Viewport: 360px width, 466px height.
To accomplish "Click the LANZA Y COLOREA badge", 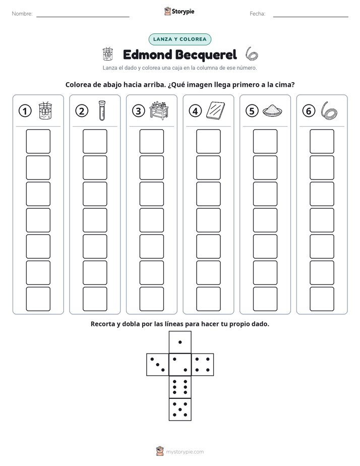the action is click(x=179, y=39).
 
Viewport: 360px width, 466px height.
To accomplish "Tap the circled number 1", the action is click(x=25, y=111).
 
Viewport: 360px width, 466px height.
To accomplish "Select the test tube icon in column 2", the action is click(x=102, y=110).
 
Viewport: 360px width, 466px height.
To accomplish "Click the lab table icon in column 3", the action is click(x=159, y=110).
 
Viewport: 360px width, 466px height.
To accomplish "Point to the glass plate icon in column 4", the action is click(x=215, y=110).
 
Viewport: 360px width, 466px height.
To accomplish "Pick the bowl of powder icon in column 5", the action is click(x=272, y=110).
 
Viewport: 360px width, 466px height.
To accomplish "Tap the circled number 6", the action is click(x=309, y=111).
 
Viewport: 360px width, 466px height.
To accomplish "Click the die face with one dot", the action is click(x=180, y=342).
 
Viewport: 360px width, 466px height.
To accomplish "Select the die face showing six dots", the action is click(x=180, y=387).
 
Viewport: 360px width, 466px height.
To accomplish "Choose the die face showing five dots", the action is click(x=180, y=410).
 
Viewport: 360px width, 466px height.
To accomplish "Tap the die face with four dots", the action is click(x=203, y=365).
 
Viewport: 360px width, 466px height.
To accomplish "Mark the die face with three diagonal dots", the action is click(x=158, y=365).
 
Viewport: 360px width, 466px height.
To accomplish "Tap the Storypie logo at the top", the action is click(x=179, y=11).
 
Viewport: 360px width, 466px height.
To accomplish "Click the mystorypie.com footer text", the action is click(x=185, y=452).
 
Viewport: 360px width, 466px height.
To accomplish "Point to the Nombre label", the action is click(x=22, y=14).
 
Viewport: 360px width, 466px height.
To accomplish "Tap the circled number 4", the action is click(x=195, y=111).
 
